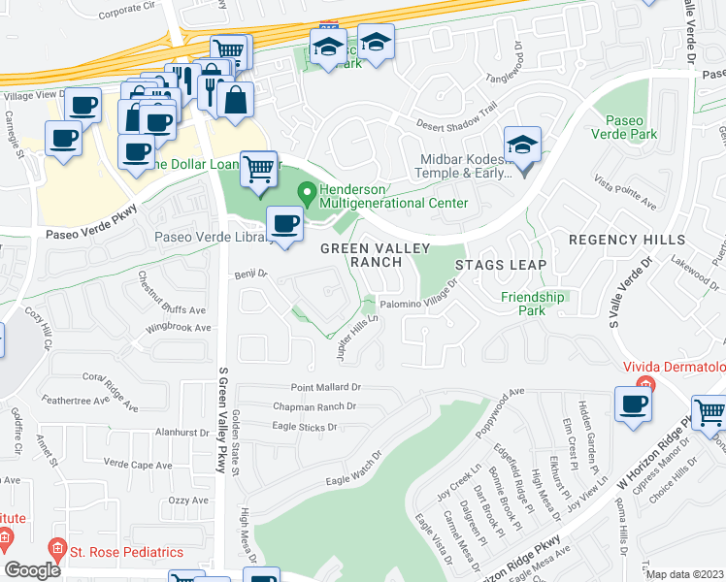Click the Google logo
[x=32, y=570]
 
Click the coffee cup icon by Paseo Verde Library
[x=284, y=224]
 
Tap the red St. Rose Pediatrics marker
[x=56, y=551]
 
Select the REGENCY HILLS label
[x=626, y=240]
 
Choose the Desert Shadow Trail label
[x=456, y=116]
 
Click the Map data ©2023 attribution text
[x=684, y=574]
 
